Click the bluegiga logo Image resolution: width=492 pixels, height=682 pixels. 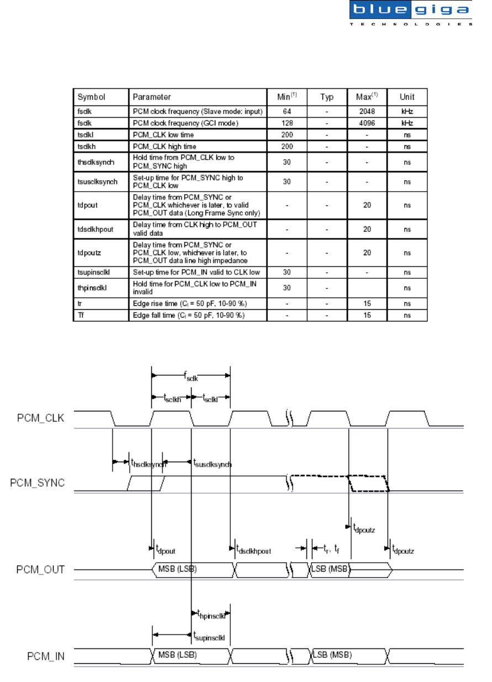411,14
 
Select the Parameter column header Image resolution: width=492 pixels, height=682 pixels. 152,97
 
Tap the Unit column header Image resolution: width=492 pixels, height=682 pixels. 407,97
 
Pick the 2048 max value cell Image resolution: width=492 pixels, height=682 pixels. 367,111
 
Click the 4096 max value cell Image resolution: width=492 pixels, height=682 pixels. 367,123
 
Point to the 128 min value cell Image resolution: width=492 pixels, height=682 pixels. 287,123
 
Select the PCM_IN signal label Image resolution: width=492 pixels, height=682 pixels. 45,656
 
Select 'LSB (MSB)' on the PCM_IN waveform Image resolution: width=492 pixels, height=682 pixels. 332,655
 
